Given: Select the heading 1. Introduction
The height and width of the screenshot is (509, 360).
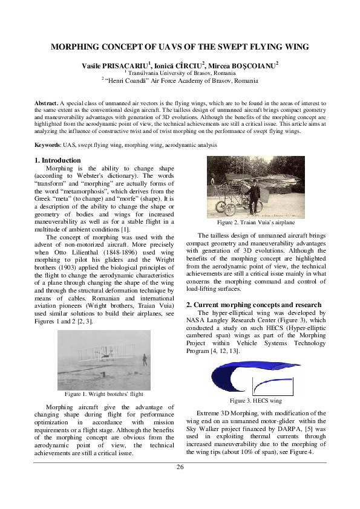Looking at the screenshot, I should coord(57,160).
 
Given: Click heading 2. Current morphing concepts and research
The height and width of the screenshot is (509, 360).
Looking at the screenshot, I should coord(253,305).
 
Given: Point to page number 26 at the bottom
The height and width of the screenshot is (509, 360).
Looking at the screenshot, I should coord(180,467).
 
